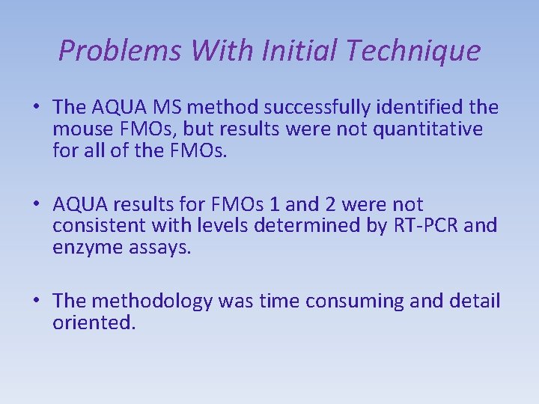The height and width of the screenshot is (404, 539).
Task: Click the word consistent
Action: [100, 225]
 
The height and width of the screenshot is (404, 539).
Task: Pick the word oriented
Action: [94, 322]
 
